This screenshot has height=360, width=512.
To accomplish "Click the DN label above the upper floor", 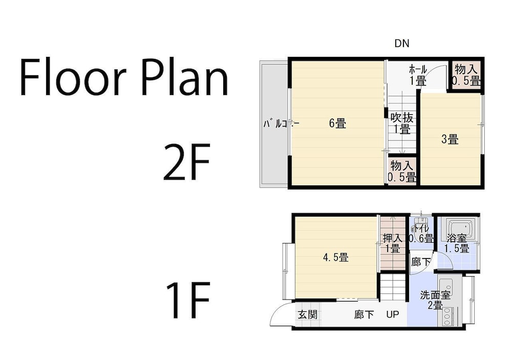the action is click(401, 44).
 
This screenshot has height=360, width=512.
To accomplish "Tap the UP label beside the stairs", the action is click(393, 314).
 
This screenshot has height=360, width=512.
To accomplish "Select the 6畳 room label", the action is click(337, 123).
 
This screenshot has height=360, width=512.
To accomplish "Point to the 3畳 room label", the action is click(450, 139).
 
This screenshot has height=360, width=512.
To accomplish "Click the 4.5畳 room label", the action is click(336, 258).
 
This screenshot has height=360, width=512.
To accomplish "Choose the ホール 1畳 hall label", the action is click(418, 75).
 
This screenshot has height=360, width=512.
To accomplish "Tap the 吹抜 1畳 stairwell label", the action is click(402, 123).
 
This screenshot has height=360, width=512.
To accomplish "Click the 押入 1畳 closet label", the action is click(393, 243).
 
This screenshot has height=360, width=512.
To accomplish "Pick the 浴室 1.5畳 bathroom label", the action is click(457, 243).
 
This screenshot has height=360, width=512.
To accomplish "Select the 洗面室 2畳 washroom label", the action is click(435, 300).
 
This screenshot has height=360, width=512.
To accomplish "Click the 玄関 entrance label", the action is click(308, 314).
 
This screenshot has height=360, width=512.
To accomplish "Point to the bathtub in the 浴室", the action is click(460, 227).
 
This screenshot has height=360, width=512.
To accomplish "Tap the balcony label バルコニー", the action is click(281, 124).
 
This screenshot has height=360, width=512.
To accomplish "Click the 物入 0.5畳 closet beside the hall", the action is click(467, 75).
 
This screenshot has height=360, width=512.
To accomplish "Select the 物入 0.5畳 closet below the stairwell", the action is click(402, 171).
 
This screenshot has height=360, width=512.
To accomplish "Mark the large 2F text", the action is click(186, 162).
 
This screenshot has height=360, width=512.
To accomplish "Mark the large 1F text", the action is click(188, 300).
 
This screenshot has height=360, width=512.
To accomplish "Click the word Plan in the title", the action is click(185, 77).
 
